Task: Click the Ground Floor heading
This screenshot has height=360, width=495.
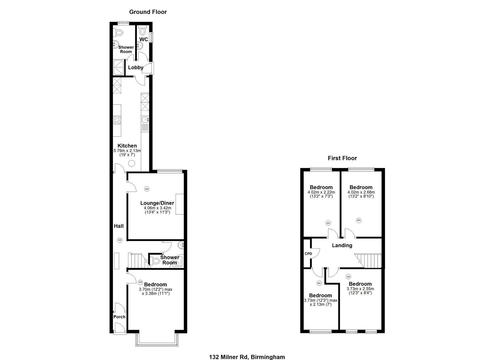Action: point(148,12)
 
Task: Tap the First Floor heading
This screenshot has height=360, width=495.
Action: point(342,158)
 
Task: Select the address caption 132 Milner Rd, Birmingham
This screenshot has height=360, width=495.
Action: point(247,357)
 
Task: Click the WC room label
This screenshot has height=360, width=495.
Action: point(144,39)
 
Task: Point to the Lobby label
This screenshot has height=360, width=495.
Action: point(136,67)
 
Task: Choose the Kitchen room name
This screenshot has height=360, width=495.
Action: point(127,146)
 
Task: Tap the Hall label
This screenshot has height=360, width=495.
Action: point(119,226)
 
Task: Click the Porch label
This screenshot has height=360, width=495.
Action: point(119,317)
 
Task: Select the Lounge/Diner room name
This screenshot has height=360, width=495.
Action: point(157,203)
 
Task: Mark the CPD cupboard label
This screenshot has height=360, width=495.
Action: point(308,254)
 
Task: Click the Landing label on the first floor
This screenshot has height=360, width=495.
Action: point(342,245)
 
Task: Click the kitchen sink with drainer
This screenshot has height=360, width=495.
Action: point(145,124)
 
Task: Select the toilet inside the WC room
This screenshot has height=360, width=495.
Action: point(143,31)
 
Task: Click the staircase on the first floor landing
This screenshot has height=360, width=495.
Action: point(368,260)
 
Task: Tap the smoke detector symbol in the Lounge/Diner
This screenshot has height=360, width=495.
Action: point(147,189)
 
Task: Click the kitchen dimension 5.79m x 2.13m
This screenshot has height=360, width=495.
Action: point(127,151)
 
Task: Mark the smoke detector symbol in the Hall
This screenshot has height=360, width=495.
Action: point(120,240)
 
